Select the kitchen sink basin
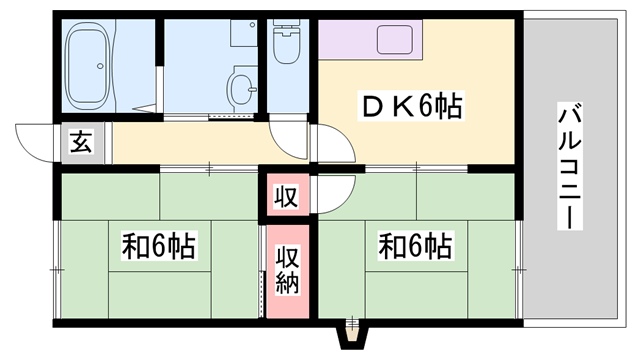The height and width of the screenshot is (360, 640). click(395, 39)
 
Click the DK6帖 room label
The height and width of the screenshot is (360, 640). click(411, 106)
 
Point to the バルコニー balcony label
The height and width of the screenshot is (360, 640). click(570, 166)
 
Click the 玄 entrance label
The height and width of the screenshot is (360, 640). click(81, 142)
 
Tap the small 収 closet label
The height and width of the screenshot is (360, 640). click(286, 196)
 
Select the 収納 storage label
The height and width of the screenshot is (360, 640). click(287, 270)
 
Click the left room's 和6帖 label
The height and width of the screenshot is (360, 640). click(159, 246)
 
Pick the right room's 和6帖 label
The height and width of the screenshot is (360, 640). click(416, 246)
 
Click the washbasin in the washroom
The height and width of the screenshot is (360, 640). click(242, 87)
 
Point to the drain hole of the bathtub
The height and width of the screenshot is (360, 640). click(99, 66)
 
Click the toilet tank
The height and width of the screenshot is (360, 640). click(286, 28)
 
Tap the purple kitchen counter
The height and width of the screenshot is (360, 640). click(370, 40)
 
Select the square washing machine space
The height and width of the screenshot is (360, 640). click(244, 33)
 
